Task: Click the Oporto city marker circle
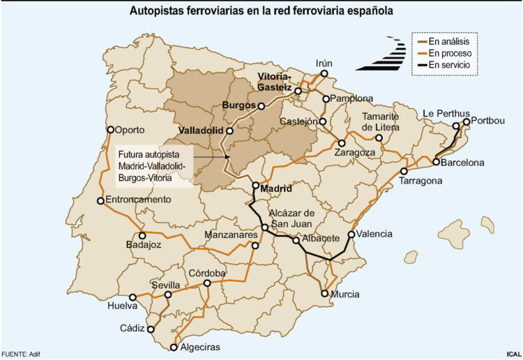[x=110, y=129]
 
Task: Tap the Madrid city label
[x=275, y=187]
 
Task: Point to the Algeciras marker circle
[x=174, y=347]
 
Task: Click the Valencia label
[x=374, y=234]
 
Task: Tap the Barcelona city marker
[x=436, y=163]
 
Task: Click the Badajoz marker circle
[x=142, y=236]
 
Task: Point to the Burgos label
[x=238, y=105]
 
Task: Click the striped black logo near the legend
[x=381, y=54]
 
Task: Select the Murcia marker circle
[x=325, y=293]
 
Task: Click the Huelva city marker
[x=132, y=297]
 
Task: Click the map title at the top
[x=261, y=12]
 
